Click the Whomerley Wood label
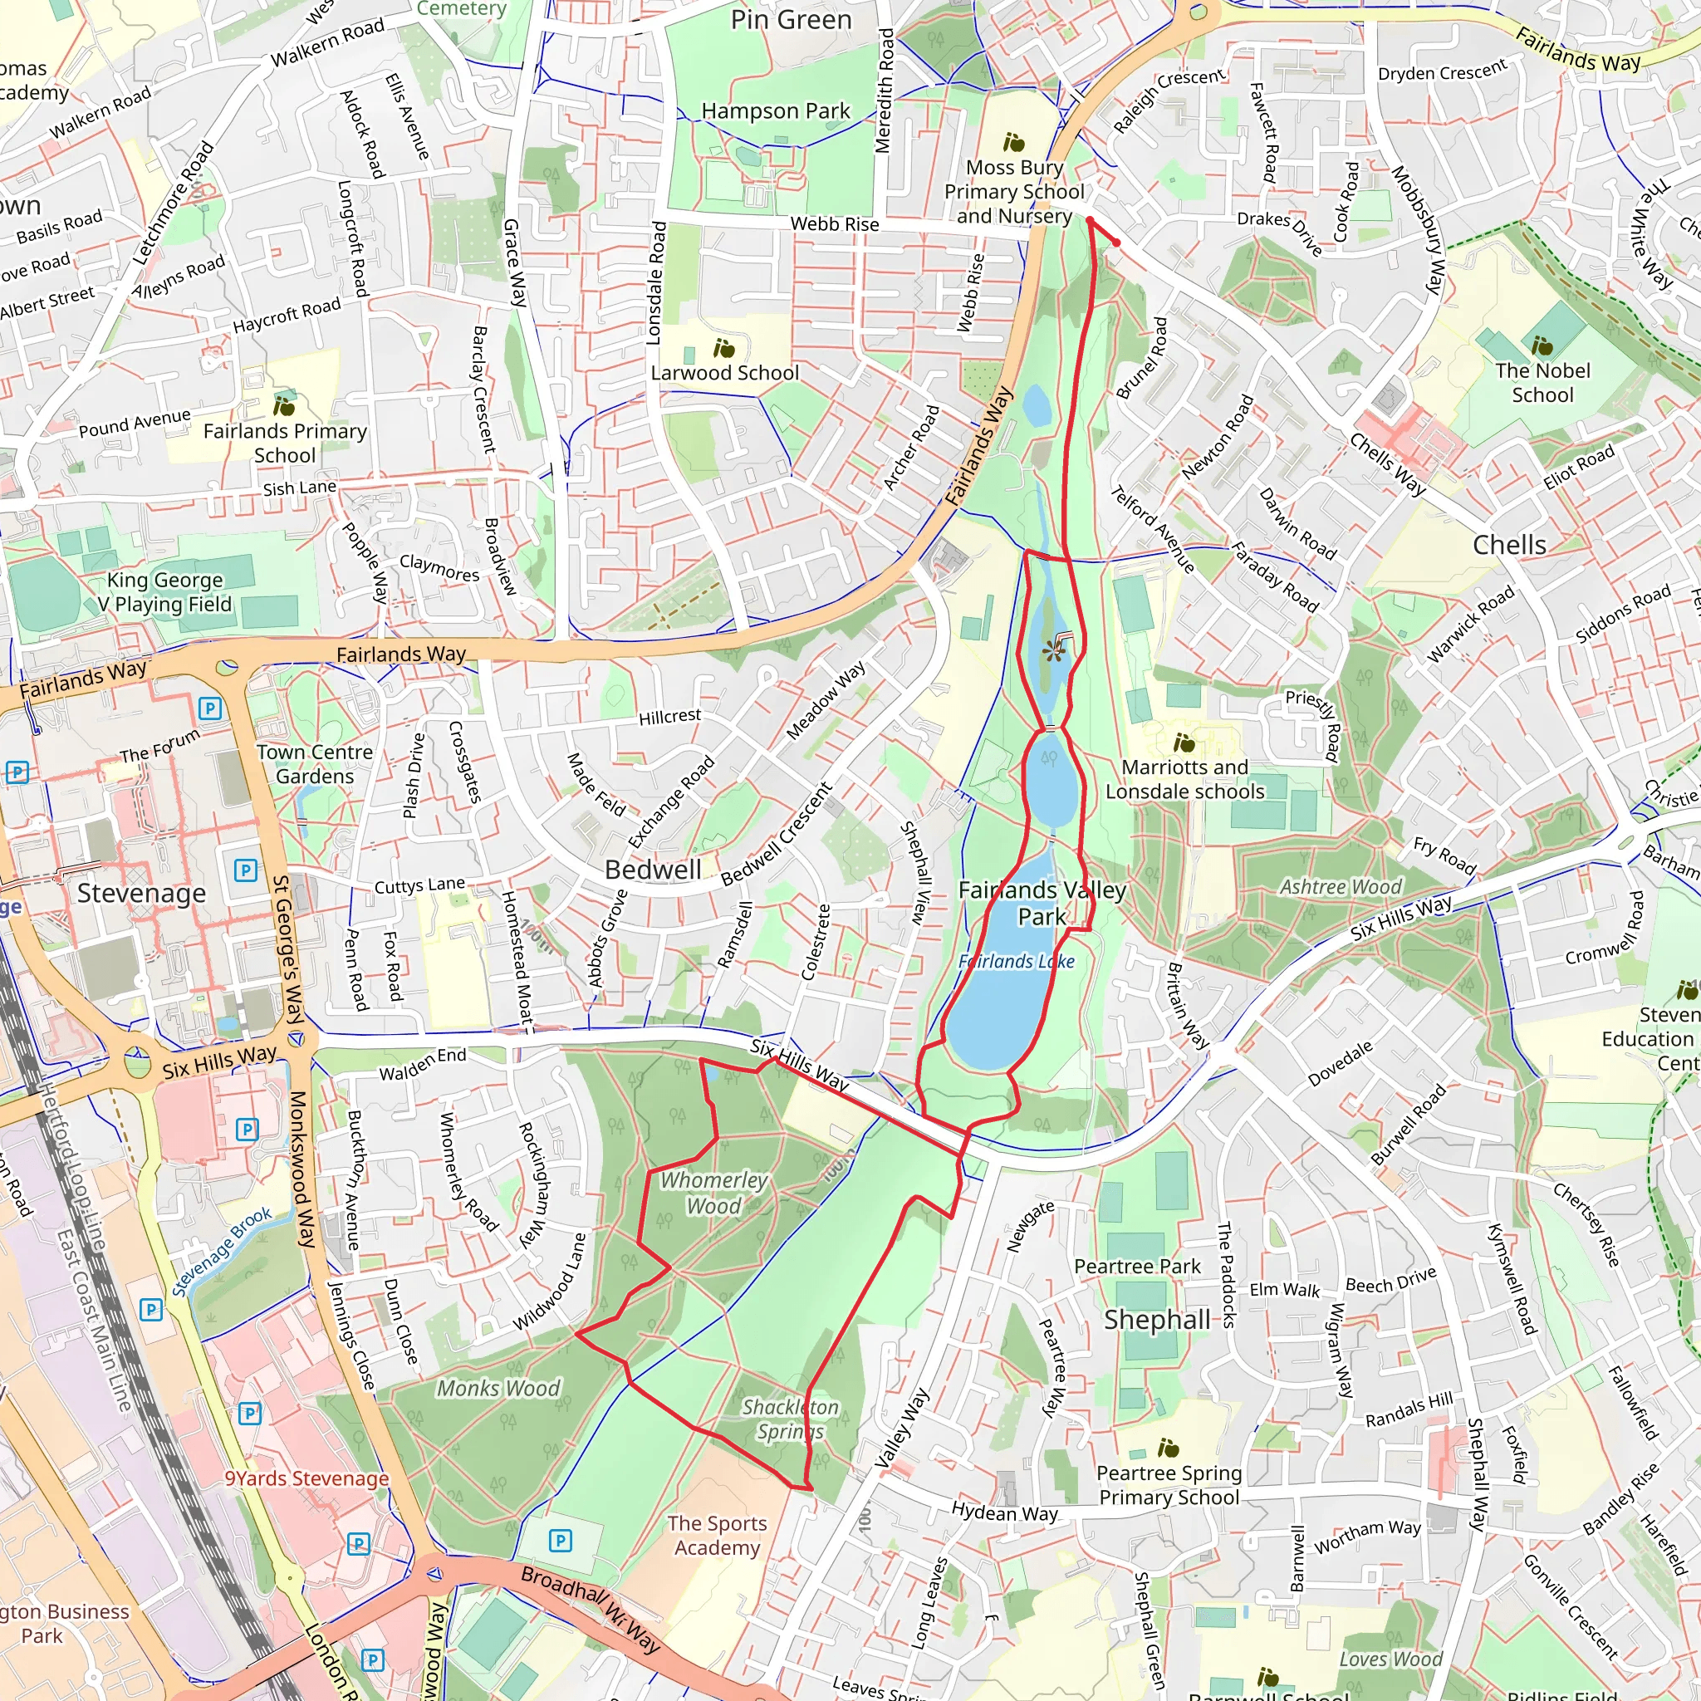click(713, 1193)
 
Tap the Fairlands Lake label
click(1016, 962)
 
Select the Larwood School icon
click(723, 349)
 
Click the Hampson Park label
click(776, 112)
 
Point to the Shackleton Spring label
click(790, 1419)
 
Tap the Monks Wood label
click(498, 1389)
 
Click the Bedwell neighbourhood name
click(654, 870)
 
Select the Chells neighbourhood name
click(1509, 545)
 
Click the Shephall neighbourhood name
click(1157, 1320)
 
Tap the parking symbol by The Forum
click(209, 708)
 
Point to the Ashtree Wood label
click(1341, 886)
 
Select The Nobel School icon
click(1542, 346)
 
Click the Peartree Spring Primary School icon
click(1168, 1448)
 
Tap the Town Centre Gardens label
click(314, 764)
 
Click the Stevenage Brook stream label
click(222, 1252)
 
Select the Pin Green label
click(791, 19)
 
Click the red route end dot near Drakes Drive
click(1116, 243)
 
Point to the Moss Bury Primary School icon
click(1013, 143)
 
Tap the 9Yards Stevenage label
click(306, 1478)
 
